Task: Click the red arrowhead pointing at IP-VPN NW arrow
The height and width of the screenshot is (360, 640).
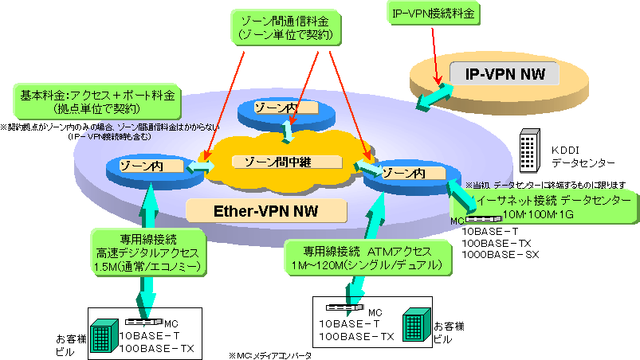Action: pyautogui.click(x=437, y=80)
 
